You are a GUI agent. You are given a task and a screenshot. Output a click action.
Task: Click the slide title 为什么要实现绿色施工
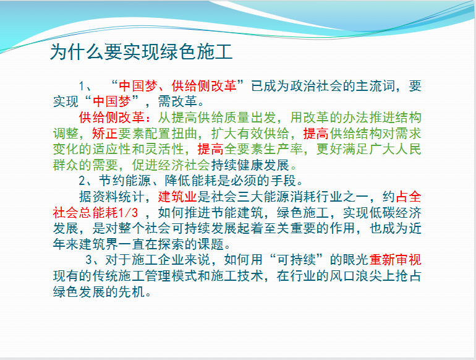point(141,51)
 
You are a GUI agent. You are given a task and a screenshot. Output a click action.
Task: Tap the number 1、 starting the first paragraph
point(85,86)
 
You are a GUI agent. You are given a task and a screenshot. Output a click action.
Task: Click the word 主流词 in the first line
point(375,86)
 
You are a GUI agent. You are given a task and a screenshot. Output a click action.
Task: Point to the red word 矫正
point(105,134)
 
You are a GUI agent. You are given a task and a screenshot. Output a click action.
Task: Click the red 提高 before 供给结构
point(316,134)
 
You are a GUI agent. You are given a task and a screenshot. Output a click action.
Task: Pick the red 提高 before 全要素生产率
point(211,149)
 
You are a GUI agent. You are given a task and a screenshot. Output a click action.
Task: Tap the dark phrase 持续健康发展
point(250,165)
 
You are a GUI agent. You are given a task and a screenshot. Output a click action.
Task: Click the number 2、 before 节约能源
point(85,181)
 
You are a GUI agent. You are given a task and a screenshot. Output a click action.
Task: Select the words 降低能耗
point(191,181)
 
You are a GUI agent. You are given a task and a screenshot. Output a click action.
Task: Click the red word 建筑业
point(177,197)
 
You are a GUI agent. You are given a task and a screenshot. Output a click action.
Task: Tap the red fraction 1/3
point(128,213)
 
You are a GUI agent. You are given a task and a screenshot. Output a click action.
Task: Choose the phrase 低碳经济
point(395,213)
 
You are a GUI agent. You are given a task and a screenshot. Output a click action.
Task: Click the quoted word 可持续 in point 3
point(296,260)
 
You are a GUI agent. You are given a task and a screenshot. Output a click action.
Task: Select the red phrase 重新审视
point(395,260)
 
